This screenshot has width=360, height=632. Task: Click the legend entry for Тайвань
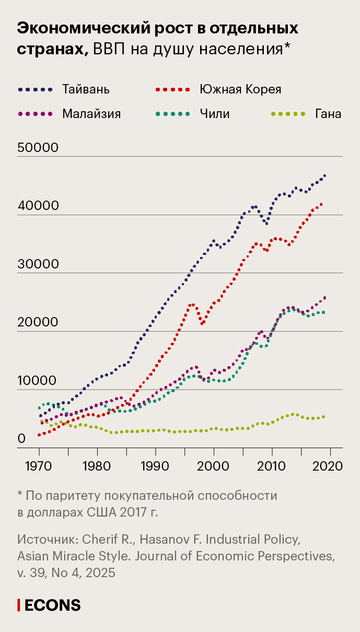(86, 89)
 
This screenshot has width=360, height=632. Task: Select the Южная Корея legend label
(240, 89)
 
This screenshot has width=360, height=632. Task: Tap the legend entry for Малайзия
(91, 113)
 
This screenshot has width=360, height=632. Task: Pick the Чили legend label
(214, 113)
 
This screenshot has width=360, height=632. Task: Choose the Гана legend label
(328, 113)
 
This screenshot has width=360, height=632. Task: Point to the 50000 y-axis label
(38, 148)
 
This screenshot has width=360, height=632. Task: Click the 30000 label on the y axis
(38, 264)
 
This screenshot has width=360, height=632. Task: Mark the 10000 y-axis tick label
(38, 381)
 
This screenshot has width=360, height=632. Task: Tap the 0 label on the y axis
(21, 439)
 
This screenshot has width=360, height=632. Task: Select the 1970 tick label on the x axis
(39, 465)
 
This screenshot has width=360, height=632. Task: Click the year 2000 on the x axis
(214, 465)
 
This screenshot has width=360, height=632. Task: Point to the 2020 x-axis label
(330, 465)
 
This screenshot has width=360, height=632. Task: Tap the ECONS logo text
(53, 605)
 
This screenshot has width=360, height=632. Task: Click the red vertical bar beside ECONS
(19, 605)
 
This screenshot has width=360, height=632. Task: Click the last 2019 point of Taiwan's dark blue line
(324, 175)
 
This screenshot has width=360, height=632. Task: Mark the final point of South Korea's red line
(321, 204)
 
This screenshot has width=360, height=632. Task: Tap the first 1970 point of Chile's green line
(39, 408)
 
